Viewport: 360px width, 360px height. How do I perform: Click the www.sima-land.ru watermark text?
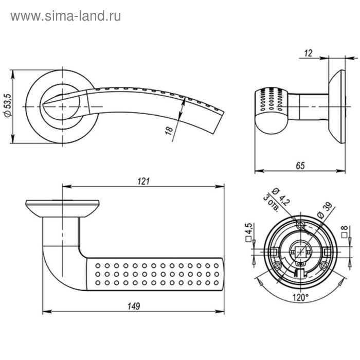pyautogui.click(x=65, y=16)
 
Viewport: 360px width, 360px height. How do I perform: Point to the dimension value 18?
pyautogui.click(x=169, y=130)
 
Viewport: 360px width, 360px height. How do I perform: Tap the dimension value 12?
pyautogui.click(x=309, y=52)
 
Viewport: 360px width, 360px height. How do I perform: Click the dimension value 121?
pyautogui.click(x=143, y=181)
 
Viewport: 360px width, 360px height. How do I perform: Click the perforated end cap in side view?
pyautogui.click(x=269, y=108)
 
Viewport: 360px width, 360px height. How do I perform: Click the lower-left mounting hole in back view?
pyautogui.click(x=278, y=265)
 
